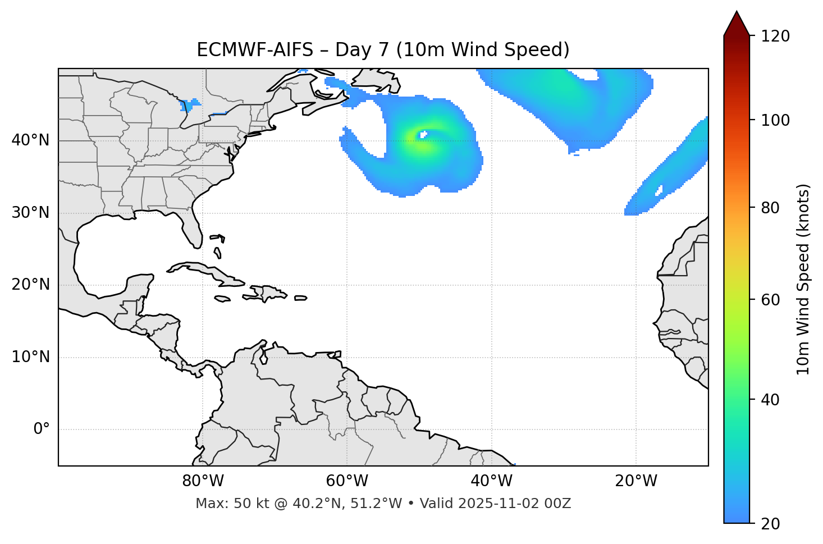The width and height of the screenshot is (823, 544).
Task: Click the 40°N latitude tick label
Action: click(30, 140)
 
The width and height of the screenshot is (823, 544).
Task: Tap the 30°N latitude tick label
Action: click(30, 213)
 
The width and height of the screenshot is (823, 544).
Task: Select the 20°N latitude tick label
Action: click(30, 285)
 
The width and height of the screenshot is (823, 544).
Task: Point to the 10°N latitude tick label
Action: click(30, 357)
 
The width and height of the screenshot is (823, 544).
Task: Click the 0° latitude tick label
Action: click(42, 429)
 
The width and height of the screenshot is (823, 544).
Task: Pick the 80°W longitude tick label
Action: click(203, 481)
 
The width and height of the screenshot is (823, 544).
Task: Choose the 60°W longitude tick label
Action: click(347, 481)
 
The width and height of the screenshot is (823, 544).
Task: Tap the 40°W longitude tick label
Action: click(491, 481)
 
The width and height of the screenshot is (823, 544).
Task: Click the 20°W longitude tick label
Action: click(636, 481)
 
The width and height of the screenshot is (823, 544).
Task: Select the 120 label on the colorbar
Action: click(775, 36)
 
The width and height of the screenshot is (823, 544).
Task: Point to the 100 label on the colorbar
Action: click(775, 120)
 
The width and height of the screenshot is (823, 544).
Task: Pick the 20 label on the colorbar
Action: click(771, 524)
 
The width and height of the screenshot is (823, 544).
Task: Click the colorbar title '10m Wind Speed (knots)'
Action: click(803, 279)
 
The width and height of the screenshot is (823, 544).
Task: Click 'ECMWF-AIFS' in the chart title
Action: click(255, 50)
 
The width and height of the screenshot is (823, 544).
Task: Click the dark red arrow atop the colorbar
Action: click(737, 25)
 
